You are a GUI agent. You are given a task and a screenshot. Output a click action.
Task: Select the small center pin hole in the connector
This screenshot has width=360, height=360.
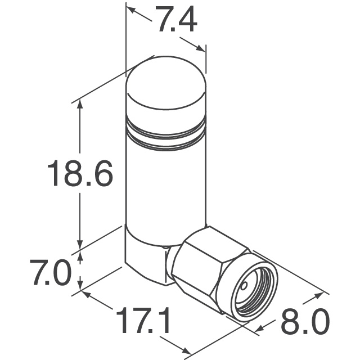click(244, 286)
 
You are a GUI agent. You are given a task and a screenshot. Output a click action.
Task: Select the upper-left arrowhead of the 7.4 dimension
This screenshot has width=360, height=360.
click(130, 10)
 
